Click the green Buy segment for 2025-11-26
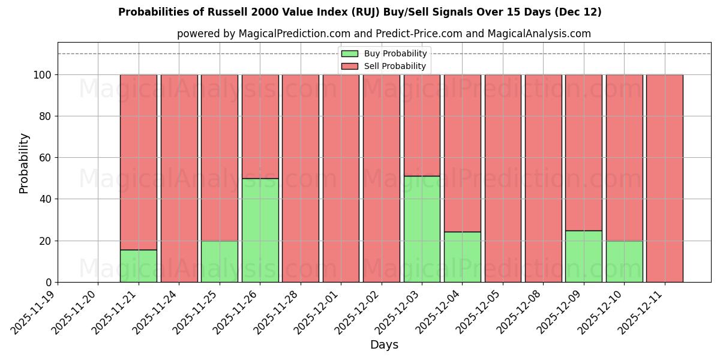click(260, 230)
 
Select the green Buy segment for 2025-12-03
click(422, 229)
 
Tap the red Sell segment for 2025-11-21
click(139, 162)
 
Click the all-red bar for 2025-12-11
click(664, 178)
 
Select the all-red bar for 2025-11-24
click(179, 178)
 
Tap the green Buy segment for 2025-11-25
click(220, 262)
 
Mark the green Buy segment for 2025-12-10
click(624, 262)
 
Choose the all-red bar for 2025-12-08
click(543, 178)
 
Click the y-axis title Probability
click(24, 163)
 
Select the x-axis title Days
click(384, 345)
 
